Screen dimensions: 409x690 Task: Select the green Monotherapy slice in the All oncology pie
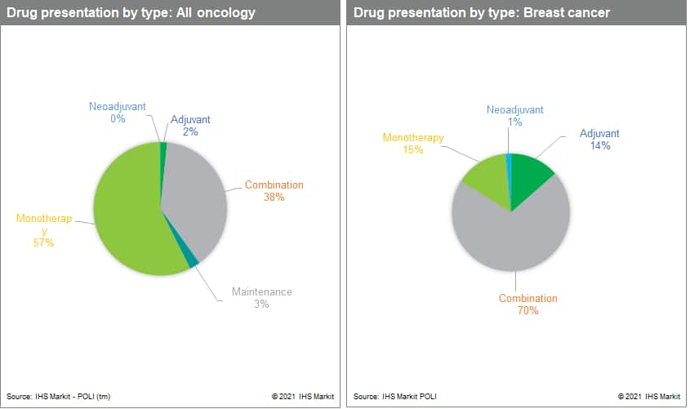(x=127, y=216)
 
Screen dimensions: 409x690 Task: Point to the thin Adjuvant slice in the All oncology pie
(x=163, y=148)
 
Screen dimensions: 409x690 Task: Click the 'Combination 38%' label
(x=274, y=191)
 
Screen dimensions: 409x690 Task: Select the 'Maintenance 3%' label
(x=261, y=298)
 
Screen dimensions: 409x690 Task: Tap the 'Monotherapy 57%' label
(x=44, y=230)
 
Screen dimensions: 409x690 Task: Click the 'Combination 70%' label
(x=528, y=305)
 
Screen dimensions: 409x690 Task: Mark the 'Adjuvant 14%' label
(x=599, y=139)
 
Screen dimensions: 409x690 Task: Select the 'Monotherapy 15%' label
(x=413, y=144)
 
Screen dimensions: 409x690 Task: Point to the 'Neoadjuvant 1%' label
(x=515, y=116)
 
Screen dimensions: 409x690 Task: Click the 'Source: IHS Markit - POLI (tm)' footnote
(x=60, y=397)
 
